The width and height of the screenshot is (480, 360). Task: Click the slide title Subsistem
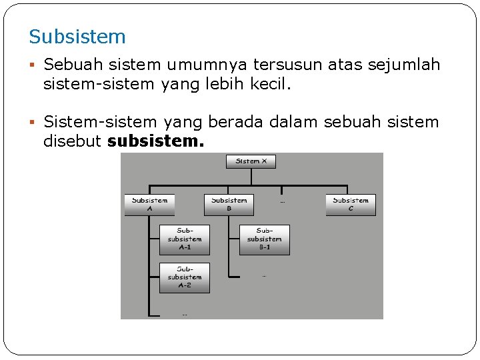pos(77,37)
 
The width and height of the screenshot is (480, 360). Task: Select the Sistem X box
pos(251,161)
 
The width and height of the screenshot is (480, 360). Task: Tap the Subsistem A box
pos(149,204)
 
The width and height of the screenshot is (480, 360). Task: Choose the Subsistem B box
pos(229,204)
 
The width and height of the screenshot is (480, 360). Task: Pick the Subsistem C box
pos(351,204)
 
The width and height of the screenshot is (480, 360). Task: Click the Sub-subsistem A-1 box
pos(185,239)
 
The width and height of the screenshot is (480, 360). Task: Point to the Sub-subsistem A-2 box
pos(185,277)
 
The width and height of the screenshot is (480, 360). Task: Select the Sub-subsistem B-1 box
pos(265,239)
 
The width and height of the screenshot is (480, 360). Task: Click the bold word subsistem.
pos(155,142)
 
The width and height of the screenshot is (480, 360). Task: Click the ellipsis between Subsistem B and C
pos(283,201)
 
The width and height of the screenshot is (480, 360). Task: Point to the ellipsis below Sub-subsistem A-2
pos(185,314)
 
